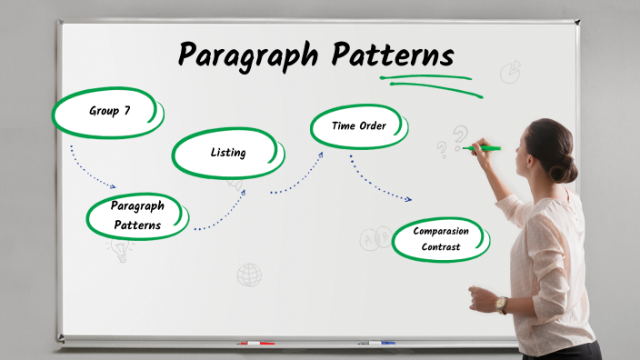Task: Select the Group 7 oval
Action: click(108, 112)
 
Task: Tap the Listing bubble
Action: click(227, 153)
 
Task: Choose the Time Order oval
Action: click(359, 126)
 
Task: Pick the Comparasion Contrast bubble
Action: click(441, 239)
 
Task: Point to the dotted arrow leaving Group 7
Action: click(91, 169)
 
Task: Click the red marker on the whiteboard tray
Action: click(255, 344)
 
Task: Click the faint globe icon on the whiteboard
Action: click(249, 275)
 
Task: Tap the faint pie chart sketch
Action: click(510, 70)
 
